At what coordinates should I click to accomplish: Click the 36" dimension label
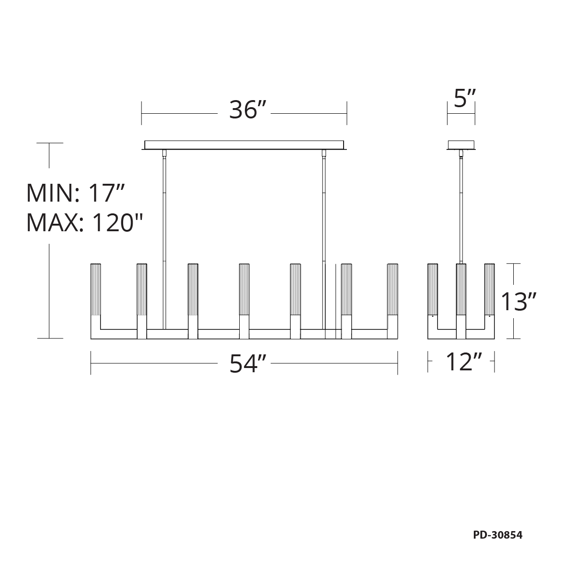(248, 110)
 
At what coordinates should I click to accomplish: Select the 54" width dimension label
(248, 364)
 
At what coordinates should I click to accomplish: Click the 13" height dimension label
(518, 301)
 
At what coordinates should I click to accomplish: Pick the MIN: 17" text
(76, 193)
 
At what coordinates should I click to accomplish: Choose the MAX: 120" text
(85, 223)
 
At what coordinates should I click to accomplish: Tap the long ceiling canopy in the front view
(244, 145)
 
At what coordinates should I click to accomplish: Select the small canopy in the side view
(461, 145)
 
